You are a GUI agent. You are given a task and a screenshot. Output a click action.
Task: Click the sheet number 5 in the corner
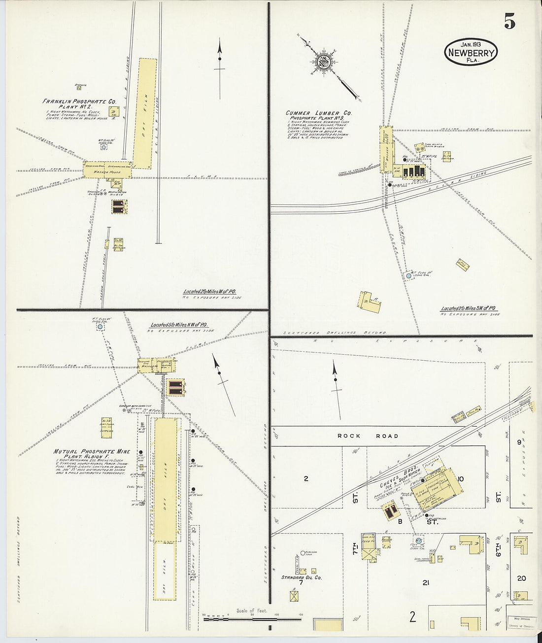coord(509,22)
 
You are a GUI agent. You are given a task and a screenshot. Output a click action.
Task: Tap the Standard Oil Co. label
coord(301,577)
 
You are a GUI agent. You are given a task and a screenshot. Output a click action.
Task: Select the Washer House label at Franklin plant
coord(108,172)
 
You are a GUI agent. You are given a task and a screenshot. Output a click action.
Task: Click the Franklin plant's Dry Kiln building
coord(145,113)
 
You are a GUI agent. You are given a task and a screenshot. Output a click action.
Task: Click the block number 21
coord(426,583)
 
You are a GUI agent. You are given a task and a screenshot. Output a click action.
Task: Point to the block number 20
coord(521,578)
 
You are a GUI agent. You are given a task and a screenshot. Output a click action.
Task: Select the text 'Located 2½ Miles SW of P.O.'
coord(469,308)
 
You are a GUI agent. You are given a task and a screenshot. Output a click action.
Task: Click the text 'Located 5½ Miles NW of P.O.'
coord(178,325)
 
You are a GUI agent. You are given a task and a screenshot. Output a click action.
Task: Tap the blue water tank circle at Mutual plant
coord(100,326)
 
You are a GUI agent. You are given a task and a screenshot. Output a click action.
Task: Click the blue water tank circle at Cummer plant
coord(409,276)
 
